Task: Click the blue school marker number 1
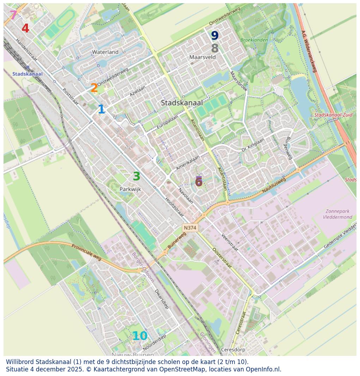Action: [x=101, y=110]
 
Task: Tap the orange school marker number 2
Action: [x=94, y=88]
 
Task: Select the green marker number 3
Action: [x=136, y=177]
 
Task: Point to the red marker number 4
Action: [x=25, y=29]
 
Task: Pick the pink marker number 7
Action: [x=13, y=15]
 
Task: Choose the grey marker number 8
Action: [x=215, y=48]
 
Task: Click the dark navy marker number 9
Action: [x=215, y=36]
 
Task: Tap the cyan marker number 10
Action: [x=140, y=336]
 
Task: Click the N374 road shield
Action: [x=190, y=228]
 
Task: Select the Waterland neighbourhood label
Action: [x=105, y=52]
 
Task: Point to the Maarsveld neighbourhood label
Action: [x=202, y=57]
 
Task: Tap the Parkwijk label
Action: [x=130, y=189]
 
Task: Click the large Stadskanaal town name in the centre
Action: [x=182, y=103]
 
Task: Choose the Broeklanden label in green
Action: [x=254, y=40]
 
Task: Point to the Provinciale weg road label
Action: [x=86, y=253]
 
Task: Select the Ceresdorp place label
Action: [x=233, y=350]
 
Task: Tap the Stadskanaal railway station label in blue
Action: [x=28, y=74]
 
